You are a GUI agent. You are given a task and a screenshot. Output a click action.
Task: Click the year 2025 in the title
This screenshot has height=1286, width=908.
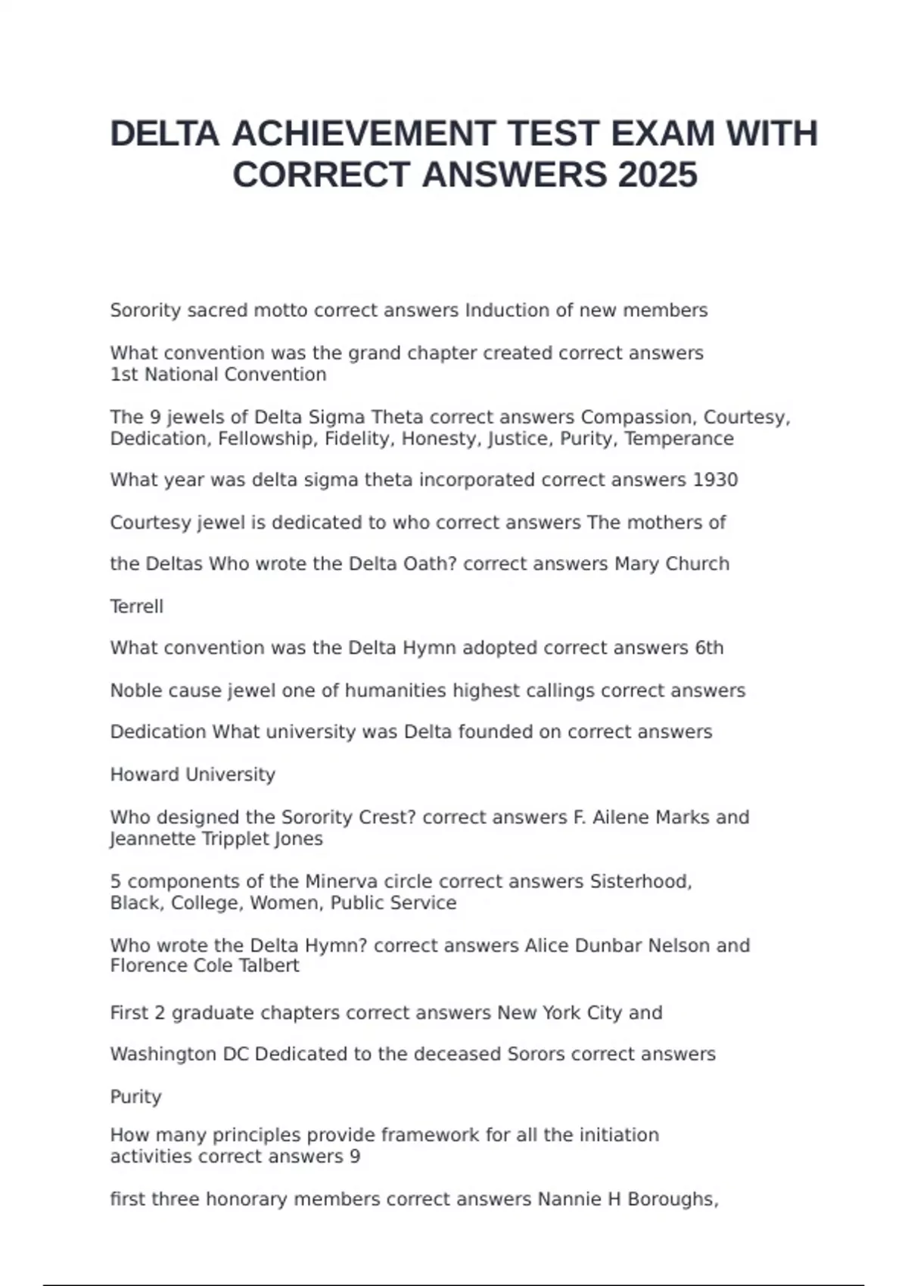tap(658, 175)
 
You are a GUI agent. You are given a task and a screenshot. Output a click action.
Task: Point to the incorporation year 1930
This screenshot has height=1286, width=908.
tap(715, 480)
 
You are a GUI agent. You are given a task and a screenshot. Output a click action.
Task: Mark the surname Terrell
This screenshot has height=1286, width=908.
tap(137, 607)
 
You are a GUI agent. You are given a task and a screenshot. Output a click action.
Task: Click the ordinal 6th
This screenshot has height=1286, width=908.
tap(709, 648)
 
